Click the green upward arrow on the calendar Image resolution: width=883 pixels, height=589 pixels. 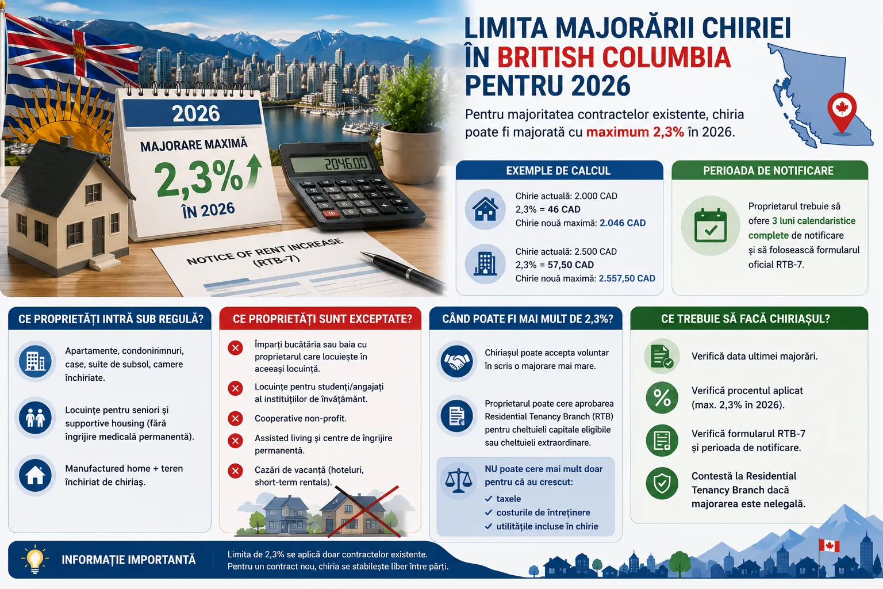(x=254, y=171)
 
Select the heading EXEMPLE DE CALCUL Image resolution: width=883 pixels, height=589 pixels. (x=558, y=170)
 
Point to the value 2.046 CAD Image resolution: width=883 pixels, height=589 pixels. (x=623, y=223)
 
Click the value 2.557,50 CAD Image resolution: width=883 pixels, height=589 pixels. (x=627, y=278)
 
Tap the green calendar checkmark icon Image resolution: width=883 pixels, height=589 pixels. (x=711, y=225)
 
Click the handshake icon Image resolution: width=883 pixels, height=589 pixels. (x=457, y=361)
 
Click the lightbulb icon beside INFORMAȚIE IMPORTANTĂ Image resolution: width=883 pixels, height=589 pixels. (x=34, y=559)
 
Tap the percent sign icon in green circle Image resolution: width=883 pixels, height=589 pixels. (x=662, y=397)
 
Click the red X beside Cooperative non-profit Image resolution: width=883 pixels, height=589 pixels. (x=235, y=418)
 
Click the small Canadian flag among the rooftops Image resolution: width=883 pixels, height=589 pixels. (x=829, y=546)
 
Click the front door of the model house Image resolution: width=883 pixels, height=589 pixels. (x=98, y=235)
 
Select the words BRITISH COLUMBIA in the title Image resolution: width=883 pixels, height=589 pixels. (x=614, y=58)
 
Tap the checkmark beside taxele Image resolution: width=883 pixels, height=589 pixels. (x=489, y=499)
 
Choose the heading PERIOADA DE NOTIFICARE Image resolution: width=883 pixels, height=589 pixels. (x=768, y=170)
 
